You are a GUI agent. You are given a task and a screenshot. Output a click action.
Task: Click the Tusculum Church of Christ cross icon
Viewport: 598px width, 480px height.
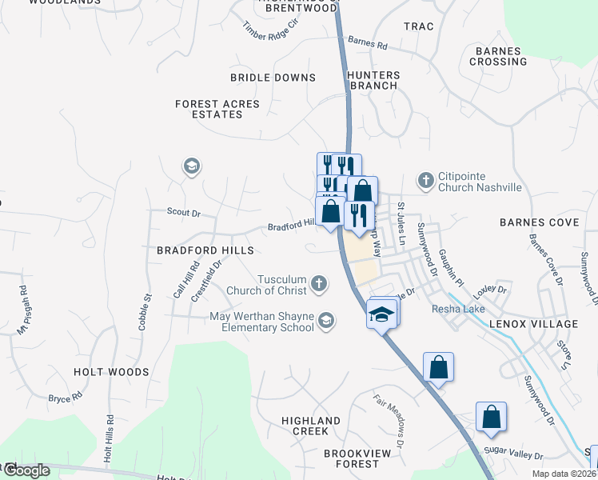[x=319, y=282]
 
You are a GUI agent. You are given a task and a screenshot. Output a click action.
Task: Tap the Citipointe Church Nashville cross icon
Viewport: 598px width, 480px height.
[x=426, y=181]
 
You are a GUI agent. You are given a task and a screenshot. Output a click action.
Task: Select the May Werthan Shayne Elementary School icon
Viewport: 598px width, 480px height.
[x=325, y=321]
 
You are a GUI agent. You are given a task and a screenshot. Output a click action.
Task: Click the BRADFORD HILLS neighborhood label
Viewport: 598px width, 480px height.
[x=205, y=250]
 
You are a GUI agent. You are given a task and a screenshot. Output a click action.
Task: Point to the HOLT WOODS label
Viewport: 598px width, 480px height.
[x=111, y=372]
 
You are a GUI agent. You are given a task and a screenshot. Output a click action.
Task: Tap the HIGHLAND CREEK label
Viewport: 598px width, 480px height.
[x=311, y=426]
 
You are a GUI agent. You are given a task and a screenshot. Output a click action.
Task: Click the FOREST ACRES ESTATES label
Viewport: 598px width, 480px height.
[x=217, y=110]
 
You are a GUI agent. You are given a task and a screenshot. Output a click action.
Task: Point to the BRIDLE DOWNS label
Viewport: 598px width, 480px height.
[x=273, y=78]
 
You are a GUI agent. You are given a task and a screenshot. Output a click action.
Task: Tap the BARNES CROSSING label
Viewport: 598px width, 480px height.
[x=500, y=56]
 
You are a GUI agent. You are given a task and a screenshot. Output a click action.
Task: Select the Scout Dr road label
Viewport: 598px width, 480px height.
[x=183, y=214]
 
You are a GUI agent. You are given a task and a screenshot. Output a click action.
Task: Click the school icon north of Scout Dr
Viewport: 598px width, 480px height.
[x=191, y=166]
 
